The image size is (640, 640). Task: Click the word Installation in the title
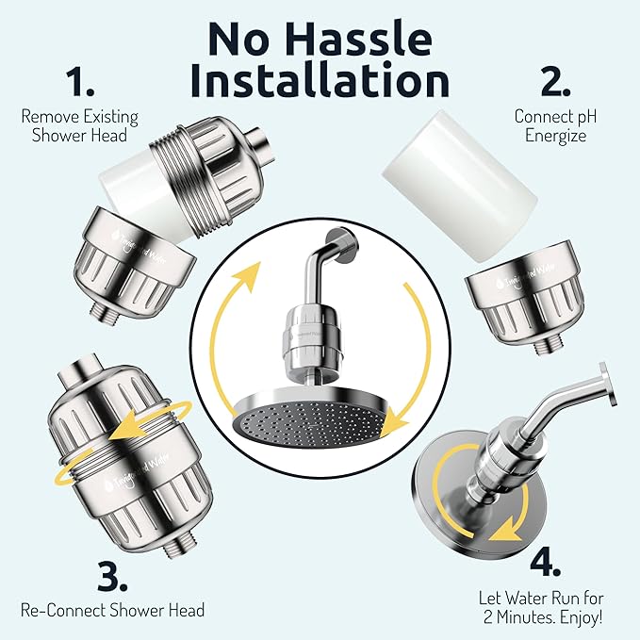click(320, 81)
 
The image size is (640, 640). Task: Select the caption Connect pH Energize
click(555, 126)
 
